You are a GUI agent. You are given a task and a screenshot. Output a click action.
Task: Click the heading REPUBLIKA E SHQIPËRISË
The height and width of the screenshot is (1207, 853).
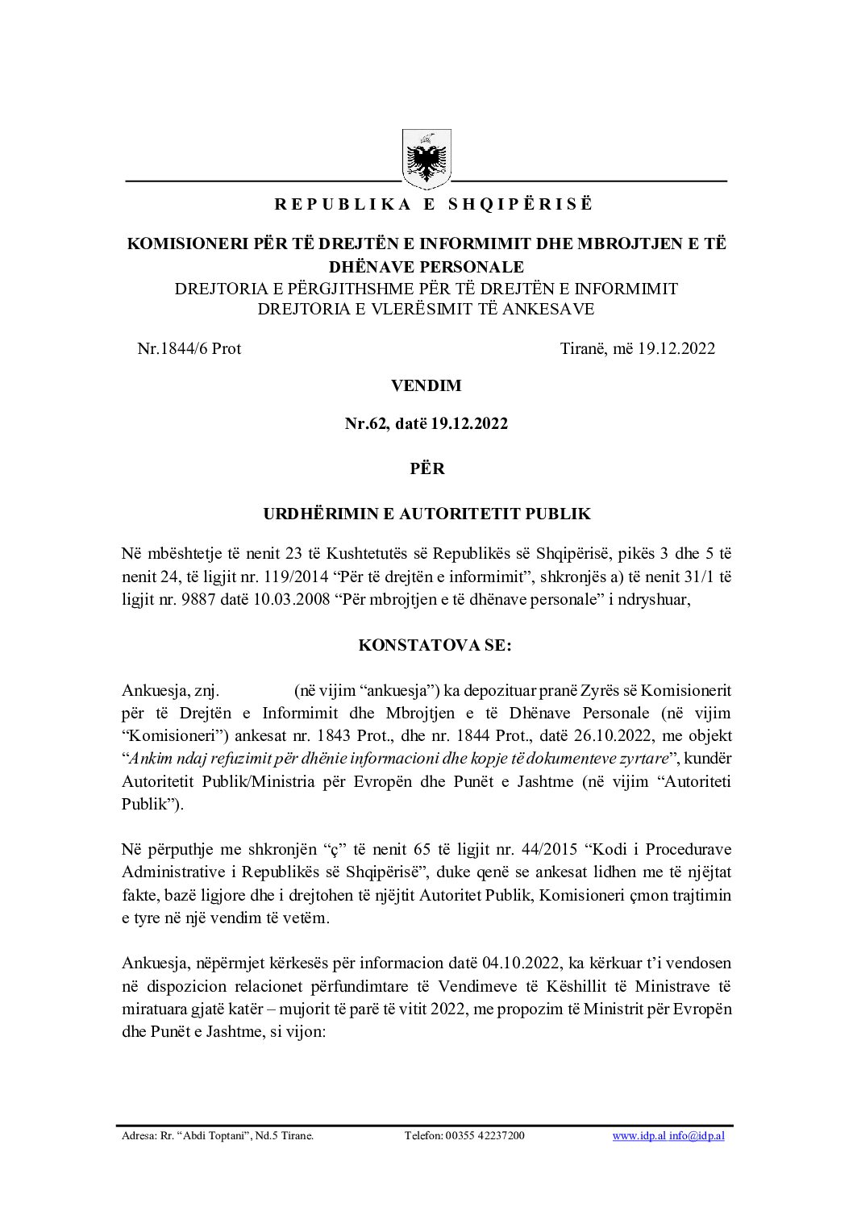point(433,205)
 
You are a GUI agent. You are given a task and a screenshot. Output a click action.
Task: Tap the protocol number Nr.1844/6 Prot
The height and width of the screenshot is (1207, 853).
point(189,348)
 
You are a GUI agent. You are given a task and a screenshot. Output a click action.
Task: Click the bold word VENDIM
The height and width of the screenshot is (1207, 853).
point(426,385)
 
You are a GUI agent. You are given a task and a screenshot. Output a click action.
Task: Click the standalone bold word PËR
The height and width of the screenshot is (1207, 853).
point(426,468)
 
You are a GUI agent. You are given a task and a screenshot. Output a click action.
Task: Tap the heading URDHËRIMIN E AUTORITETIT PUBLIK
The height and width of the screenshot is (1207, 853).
point(426,513)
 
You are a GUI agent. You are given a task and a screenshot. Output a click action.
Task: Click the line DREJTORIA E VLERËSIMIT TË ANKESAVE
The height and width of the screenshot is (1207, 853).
point(426,309)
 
